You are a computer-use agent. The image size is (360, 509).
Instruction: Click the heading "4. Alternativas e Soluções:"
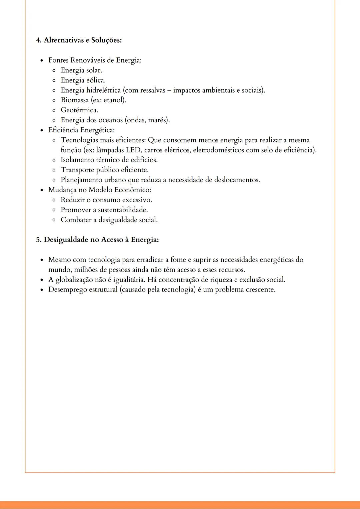(x=79, y=40)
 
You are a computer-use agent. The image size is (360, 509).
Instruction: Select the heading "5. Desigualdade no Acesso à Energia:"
(x=97, y=240)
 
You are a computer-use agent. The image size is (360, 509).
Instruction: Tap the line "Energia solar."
(x=81, y=70)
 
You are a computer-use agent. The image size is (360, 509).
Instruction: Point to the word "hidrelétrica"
(x=103, y=90)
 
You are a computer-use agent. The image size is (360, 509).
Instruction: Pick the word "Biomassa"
(x=75, y=100)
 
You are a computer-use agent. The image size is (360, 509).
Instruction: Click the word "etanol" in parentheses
(x=114, y=100)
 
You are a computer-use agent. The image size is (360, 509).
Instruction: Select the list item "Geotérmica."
(x=79, y=110)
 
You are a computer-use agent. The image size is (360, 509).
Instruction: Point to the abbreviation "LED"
(x=133, y=150)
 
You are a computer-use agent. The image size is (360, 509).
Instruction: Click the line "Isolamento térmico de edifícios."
(x=109, y=160)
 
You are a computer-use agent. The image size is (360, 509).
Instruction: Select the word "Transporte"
(x=77, y=170)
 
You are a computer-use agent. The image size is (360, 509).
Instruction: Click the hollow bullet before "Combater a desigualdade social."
(x=54, y=220)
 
